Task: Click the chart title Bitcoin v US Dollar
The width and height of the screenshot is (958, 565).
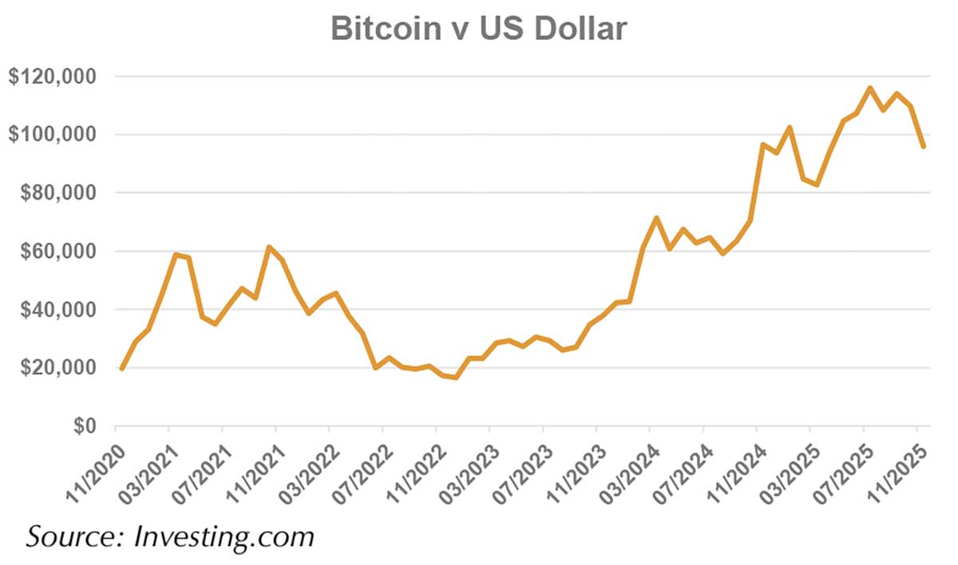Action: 479,29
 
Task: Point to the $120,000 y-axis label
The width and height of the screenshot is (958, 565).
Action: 52,77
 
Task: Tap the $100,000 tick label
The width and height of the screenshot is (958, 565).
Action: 52,135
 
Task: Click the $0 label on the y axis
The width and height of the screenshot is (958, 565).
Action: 85,427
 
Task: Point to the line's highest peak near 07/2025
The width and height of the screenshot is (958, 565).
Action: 869,88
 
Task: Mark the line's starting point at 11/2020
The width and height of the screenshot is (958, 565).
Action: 121,369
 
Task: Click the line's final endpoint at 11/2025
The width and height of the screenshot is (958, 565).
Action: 924,146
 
